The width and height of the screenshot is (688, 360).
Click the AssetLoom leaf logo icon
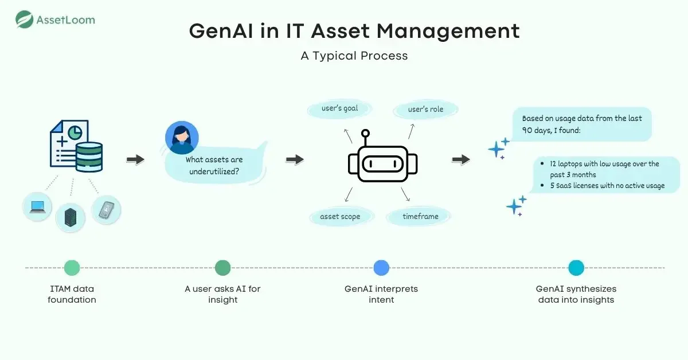tap(24, 19)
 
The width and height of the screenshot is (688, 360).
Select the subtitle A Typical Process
tap(354, 56)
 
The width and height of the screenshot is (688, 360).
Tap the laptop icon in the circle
tap(37, 207)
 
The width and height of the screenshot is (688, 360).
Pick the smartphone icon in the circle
tap(106, 210)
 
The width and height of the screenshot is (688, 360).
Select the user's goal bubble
tap(340, 108)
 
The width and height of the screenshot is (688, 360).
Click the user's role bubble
tap(425, 108)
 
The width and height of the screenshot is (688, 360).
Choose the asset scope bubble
tap(340, 217)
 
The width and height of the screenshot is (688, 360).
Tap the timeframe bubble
tap(420, 217)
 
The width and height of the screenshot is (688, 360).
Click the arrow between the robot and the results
tap(460, 159)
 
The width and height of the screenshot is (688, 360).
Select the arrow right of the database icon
tap(135, 159)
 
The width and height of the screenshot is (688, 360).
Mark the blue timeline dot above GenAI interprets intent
tap(381, 268)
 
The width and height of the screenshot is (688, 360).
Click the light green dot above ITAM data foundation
tap(72, 268)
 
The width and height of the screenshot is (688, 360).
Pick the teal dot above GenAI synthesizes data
tap(576, 268)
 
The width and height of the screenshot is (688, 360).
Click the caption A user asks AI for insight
tap(222, 294)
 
